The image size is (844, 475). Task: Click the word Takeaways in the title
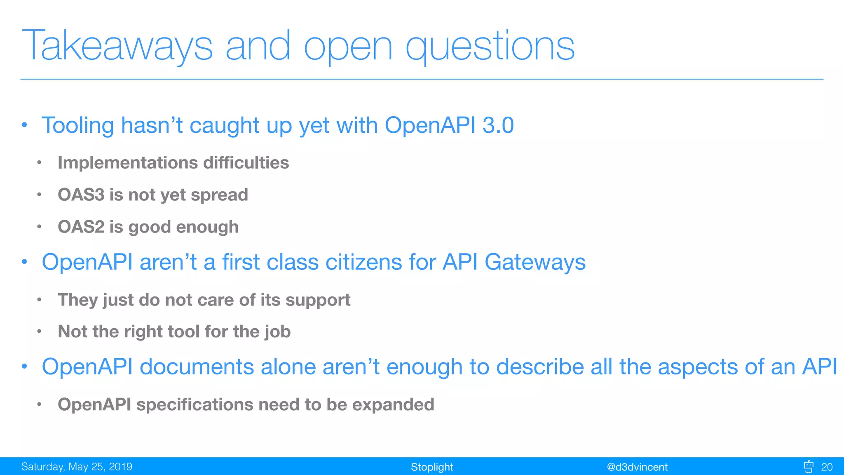(117, 46)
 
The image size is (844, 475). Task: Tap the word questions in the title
(490, 46)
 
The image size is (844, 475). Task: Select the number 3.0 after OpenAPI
(498, 125)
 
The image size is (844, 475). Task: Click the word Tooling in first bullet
(77, 126)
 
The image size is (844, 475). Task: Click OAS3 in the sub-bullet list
(81, 195)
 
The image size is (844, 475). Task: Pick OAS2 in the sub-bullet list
(81, 227)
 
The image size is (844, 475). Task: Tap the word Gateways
(535, 262)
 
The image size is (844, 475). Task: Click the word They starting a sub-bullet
(78, 300)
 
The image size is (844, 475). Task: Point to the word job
(277, 332)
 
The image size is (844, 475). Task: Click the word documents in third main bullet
(197, 367)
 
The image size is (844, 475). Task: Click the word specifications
(195, 405)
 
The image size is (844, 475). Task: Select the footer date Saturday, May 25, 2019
(77, 467)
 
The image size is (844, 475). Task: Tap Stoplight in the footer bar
(431, 467)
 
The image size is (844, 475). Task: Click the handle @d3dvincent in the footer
(637, 467)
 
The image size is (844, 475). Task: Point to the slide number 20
(827, 467)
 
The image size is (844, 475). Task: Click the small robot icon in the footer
(808, 466)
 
